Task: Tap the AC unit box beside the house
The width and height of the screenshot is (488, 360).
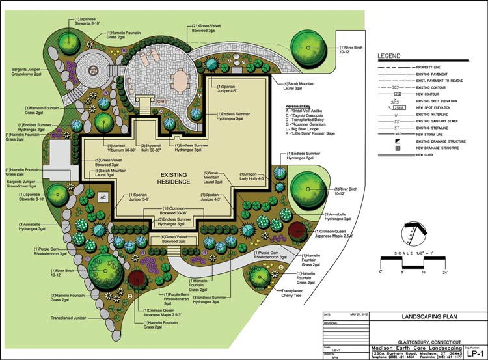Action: click(x=102, y=196)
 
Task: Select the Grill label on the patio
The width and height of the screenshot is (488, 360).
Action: click(x=160, y=102)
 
